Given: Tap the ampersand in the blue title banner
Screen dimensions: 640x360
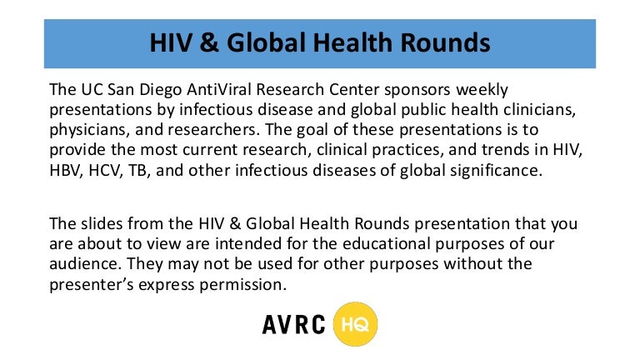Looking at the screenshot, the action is click(x=209, y=42).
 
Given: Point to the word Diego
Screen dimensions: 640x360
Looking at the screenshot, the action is click(x=160, y=90).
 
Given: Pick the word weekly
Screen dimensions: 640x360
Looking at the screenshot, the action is click(x=482, y=90).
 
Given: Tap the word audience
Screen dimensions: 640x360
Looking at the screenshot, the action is click(x=86, y=263).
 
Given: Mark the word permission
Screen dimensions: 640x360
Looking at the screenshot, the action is click(x=242, y=285).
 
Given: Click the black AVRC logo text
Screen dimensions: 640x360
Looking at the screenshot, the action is click(x=294, y=324).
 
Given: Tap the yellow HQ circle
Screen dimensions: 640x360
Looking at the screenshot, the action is click(x=355, y=324).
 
